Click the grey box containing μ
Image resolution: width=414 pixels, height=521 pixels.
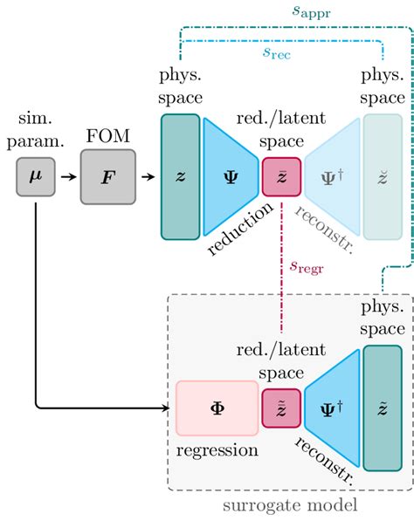35,178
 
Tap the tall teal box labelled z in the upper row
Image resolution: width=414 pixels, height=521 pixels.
180,176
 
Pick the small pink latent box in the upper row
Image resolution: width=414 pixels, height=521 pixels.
280,176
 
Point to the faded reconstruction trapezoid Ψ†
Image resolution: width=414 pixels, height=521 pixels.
331,176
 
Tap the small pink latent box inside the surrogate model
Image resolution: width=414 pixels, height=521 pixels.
280,408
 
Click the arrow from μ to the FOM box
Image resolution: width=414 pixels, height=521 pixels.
65,178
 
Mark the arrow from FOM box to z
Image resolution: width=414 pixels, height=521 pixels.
148,178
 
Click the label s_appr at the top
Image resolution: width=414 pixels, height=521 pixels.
313,13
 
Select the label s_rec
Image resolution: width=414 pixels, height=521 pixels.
278,53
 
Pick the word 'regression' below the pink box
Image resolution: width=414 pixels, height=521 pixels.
217,450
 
